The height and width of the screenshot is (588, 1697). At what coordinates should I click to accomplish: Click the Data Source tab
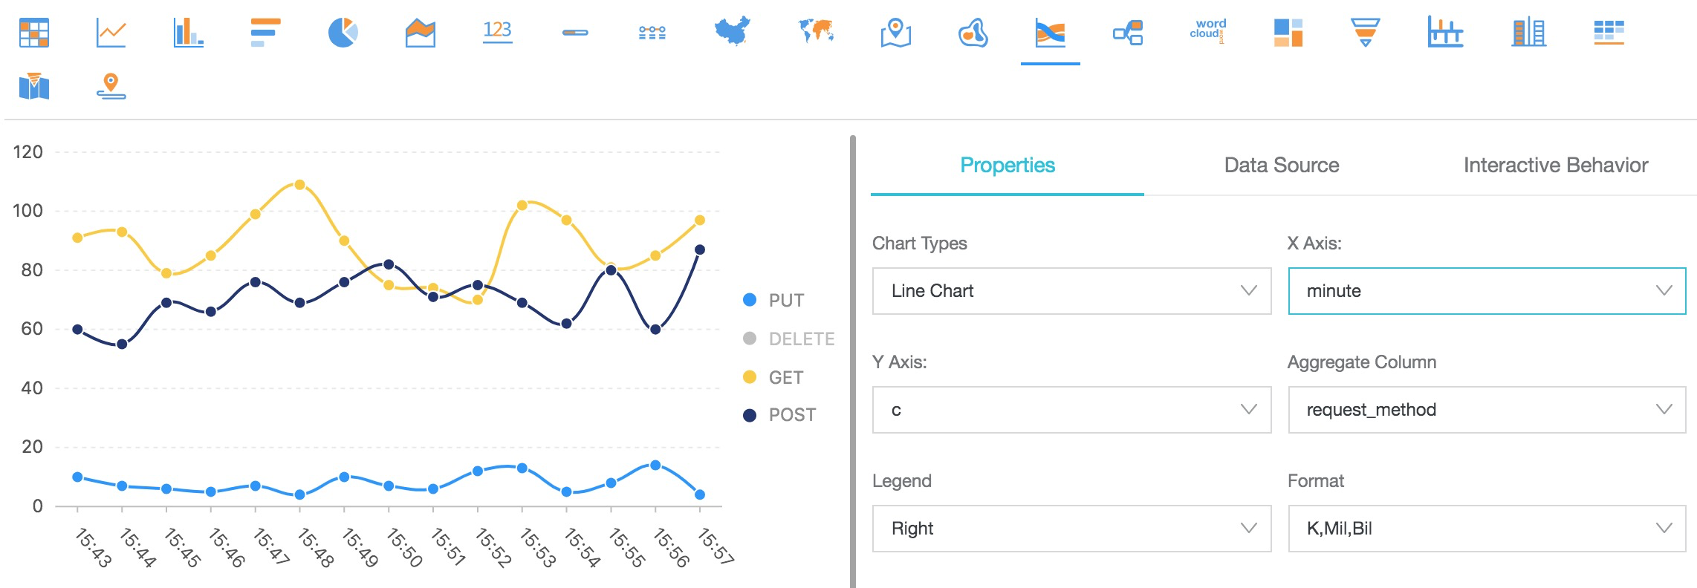click(1281, 165)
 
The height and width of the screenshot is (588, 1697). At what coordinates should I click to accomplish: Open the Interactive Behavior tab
click(1555, 165)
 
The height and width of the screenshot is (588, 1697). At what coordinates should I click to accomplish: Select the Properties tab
click(1007, 165)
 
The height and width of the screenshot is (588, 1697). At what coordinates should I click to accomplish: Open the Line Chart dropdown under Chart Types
click(1071, 291)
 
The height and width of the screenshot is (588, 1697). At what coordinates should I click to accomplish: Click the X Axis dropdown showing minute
click(1486, 291)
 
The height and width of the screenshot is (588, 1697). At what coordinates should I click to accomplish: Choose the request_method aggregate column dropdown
click(1486, 410)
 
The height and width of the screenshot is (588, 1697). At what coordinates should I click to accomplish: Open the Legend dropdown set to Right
click(1071, 529)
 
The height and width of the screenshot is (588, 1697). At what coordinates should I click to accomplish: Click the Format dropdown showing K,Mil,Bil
click(1486, 529)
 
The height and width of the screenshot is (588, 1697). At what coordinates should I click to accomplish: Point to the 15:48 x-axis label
click(316, 548)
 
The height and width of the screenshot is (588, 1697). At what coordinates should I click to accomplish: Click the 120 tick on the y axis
click(28, 152)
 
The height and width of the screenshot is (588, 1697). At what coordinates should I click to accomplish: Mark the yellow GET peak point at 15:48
click(299, 185)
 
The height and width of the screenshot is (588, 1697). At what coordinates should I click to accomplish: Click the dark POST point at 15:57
click(699, 249)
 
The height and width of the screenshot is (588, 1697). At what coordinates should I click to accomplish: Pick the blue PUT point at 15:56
click(655, 465)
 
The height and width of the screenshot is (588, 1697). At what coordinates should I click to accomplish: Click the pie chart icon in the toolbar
click(343, 33)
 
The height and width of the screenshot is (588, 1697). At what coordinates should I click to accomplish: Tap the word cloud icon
click(1207, 31)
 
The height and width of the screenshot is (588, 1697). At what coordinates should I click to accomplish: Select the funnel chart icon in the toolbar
click(1365, 33)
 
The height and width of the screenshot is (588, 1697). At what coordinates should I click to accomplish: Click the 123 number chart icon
click(497, 31)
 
